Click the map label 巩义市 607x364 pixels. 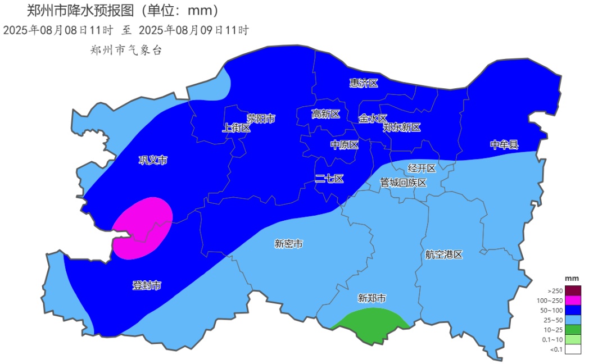[153, 161]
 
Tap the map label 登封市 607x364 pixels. [147, 285]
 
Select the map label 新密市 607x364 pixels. [289, 244]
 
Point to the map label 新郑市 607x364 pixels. [372, 298]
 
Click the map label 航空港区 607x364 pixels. [443, 254]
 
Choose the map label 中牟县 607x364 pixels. [504, 145]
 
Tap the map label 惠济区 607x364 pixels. [364, 83]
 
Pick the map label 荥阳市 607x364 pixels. [261, 119]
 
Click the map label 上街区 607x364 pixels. [237, 128]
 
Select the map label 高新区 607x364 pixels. [326, 114]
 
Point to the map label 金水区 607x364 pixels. [373, 119]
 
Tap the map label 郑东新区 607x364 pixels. [402, 128]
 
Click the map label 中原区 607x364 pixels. [344, 145]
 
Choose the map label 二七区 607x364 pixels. [329, 179]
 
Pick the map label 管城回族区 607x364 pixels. [403, 183]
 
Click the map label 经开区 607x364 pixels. [422, 168]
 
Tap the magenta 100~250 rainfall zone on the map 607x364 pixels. [143, 228]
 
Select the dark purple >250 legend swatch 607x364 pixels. [573, 290]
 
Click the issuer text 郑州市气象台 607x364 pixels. [126, 50]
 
